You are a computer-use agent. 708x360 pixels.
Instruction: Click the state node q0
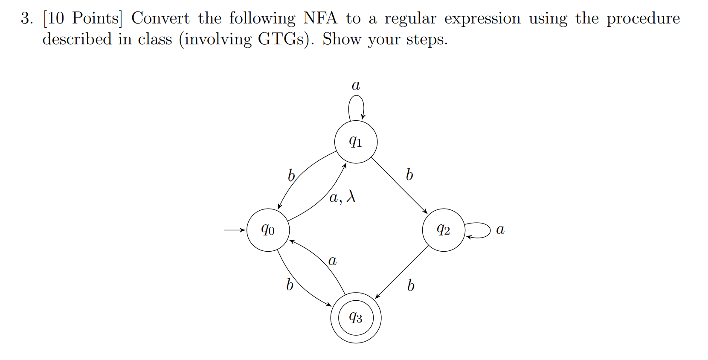[x=268, y=230]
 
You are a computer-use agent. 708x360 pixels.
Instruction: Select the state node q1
[x=356, y=142]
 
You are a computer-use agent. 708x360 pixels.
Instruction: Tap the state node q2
[x=444, y=230]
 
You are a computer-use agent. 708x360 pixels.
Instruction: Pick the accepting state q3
[x=356, y=318]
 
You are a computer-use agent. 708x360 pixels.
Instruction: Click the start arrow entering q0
[x=235, y=230]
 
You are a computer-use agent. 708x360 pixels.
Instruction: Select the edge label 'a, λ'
[x=342, y=197]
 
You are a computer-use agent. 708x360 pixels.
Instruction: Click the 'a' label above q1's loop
[x=356, y=85]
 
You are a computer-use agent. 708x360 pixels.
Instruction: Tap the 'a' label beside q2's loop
[x=500, y=230]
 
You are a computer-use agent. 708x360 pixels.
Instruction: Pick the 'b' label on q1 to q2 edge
[x=409, y=174]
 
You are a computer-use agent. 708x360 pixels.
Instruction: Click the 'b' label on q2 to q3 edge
[x=411, y=285]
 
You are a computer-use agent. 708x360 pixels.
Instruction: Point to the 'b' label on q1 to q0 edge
[x=291, y=175]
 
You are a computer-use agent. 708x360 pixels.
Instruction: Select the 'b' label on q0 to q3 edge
[x=290, y=285]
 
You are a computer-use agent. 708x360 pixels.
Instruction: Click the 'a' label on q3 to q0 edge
[x=332, y=260]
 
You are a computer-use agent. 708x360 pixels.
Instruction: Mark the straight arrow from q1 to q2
[x=399, y=185]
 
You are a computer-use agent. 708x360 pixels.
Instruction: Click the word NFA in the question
[x=320, y=18]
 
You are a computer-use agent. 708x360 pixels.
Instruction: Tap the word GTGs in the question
[x=283, y=39]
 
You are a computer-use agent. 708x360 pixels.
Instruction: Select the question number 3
[x=26, y=18]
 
